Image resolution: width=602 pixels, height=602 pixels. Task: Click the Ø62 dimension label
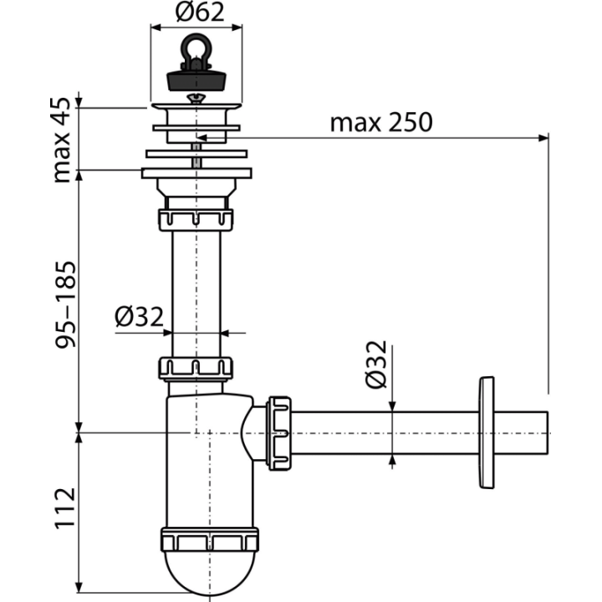(x=199, y=12)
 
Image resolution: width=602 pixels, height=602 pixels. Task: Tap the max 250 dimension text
(x=381, y=123)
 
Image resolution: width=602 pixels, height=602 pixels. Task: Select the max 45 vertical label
(x=61, y=140)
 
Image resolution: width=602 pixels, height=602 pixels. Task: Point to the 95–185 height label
(x=65, y=305)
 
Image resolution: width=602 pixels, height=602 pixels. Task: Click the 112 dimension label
(x=65, y=509)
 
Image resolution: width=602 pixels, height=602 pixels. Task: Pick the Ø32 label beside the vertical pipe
(x=139, y=317)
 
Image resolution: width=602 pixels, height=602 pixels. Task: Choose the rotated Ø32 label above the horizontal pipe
(x=376, y=364)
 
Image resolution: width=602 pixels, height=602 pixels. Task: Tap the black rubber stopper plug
(x=196, y=80)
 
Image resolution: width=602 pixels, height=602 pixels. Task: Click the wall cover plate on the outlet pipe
(x=486, y=432)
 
